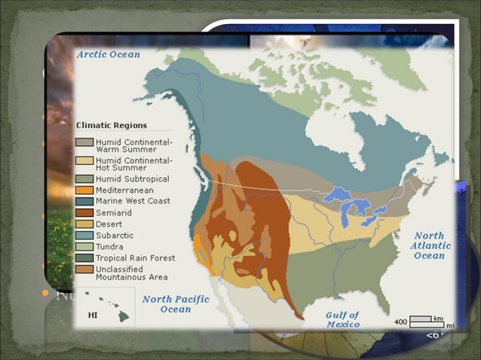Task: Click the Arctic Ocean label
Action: point(108,54)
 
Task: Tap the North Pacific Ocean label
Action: point(176,304)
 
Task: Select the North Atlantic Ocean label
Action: point(429,246)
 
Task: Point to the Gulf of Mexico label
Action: point(342,319)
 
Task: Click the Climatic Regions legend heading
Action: point(112,125)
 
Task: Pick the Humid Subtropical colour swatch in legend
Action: point(84,179)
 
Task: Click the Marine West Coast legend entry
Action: point(133,201)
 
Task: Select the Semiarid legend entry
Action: point(115,212)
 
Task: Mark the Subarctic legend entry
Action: point(115,235)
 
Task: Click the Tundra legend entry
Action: point(111,246)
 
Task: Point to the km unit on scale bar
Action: point(438,319)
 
